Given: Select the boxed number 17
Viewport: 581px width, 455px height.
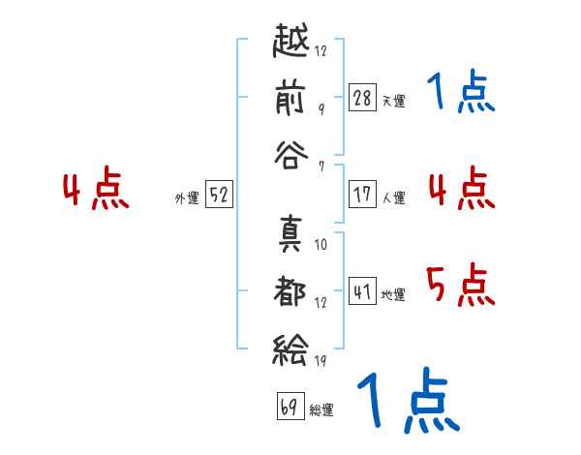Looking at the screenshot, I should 362,195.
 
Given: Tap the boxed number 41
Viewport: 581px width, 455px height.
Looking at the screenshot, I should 362,290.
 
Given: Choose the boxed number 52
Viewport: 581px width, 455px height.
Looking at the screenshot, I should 220,195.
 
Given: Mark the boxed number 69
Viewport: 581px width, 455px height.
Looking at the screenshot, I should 289,406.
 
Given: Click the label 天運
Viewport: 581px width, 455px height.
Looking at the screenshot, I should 394,101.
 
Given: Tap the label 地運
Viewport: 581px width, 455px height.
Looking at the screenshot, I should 394,294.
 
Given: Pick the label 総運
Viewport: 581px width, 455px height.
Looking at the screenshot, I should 321,409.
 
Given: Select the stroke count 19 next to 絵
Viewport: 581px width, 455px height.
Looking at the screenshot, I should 321,362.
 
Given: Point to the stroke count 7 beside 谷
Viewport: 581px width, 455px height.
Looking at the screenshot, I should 321,167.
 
